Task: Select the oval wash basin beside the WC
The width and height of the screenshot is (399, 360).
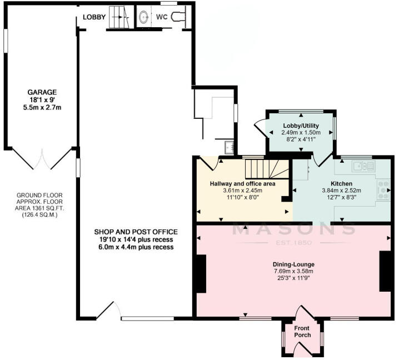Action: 143,17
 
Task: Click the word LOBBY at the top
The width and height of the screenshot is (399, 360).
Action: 94,17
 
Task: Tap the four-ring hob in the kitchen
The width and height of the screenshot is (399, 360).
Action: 383,191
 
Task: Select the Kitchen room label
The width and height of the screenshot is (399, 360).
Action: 341,184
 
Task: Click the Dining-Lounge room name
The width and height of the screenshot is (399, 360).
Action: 294,264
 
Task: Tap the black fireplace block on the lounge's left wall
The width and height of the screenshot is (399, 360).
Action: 201,272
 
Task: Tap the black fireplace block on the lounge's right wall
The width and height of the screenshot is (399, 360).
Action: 385,271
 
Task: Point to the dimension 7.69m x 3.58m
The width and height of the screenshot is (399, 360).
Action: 294,271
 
